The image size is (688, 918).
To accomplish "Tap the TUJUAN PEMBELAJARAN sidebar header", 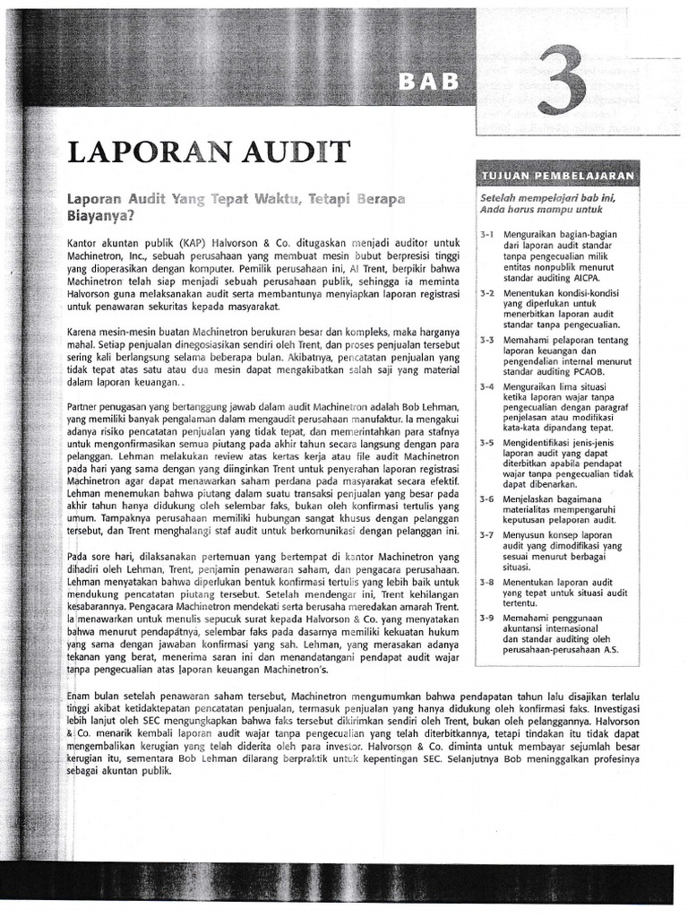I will coord(559,174).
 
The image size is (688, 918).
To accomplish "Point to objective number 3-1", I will coord(487,235).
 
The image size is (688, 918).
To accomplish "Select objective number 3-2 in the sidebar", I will coord(487,293).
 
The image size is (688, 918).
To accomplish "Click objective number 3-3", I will coord(487,341).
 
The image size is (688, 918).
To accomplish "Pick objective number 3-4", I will coord(487,387).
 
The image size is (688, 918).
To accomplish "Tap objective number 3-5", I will coord(487,443).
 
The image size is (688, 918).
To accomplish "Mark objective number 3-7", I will coord(487,535).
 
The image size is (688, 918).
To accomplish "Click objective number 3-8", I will coord(487,582).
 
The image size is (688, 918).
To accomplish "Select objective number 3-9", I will coord(487,617).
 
